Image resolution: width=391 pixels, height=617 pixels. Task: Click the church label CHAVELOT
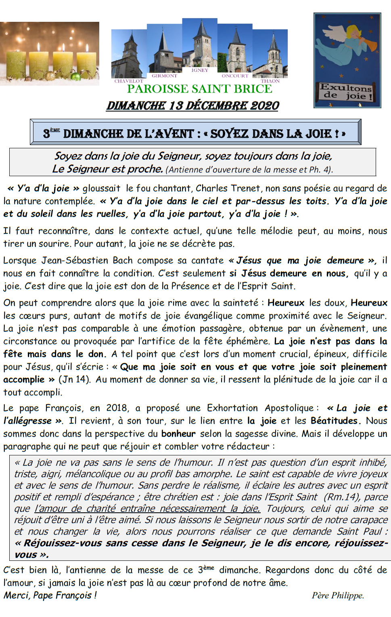point(129,81)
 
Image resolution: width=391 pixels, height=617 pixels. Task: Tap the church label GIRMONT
point(164,76)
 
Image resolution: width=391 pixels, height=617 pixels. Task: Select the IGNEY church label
point(200,70)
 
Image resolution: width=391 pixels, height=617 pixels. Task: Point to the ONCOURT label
point(235,76)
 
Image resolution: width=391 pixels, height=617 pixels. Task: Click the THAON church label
point(270,81)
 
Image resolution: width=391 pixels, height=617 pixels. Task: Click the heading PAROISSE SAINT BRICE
point(200,89)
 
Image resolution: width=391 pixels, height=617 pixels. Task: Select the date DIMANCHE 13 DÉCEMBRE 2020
point(193,105)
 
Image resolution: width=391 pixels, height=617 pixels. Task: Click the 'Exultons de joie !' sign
point(346,92)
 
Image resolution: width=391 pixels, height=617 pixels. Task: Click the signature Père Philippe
point(337,595)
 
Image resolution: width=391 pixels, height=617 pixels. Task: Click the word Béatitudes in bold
point(335,421)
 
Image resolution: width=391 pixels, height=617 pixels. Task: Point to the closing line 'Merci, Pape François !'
point(50,595)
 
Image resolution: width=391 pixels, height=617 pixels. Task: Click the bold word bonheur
point(178,434)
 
